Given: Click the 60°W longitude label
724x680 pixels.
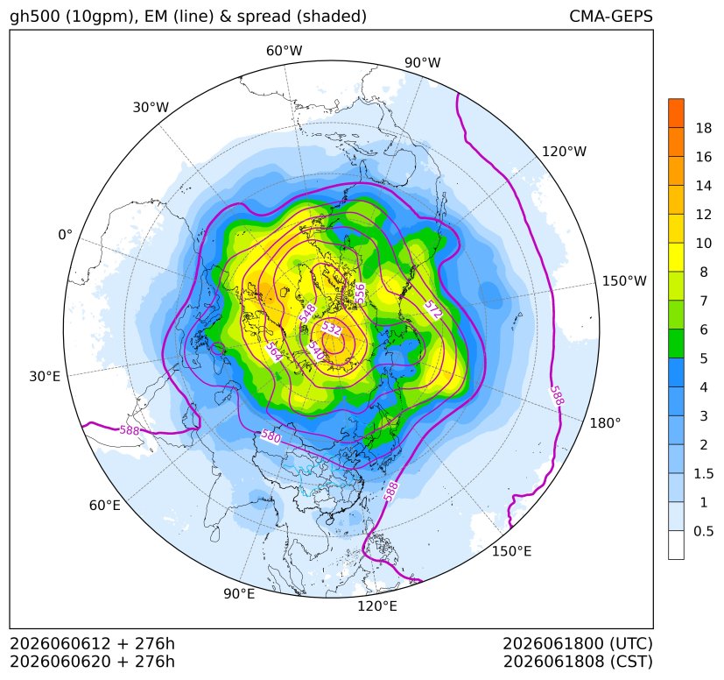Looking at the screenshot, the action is [284, 51].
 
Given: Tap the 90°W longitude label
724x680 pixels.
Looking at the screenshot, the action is [423, 62].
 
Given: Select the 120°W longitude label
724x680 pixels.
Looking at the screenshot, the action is [564, 152].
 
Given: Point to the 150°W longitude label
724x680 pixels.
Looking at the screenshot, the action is [624, 280].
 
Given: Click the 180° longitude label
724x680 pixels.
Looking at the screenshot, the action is [605, 423].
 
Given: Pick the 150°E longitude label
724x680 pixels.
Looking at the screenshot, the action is [511, 551].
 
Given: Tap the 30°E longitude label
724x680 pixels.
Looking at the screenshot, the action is [45, 376].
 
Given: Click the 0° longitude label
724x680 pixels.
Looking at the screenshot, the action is [65, 235].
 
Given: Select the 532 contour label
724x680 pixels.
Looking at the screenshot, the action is [332, 329].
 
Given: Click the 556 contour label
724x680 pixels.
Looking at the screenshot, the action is [360, 294].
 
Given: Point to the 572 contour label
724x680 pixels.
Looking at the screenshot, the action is [433, 309].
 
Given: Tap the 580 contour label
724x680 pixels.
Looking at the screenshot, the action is [271, 436].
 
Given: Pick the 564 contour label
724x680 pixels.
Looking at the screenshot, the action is [274, 351].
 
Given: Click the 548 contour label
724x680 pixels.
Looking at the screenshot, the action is [307, 313].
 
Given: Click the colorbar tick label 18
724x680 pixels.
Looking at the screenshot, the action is [704, 128].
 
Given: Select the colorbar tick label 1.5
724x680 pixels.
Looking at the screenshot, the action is [704, 473].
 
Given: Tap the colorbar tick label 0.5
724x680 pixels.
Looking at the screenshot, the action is [704, 531].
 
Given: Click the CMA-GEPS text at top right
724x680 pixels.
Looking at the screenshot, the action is [611, 16].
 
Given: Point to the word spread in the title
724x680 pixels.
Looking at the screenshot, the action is [263, 17].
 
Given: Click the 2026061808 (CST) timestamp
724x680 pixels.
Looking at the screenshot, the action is [578, 662].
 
